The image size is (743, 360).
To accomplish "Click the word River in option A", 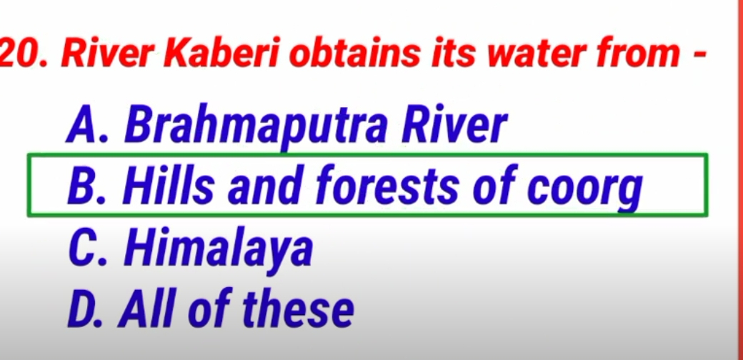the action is pyautogui.click(x=454, y=127).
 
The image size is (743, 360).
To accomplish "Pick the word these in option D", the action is pyautogui.click(x=298, y=311).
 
